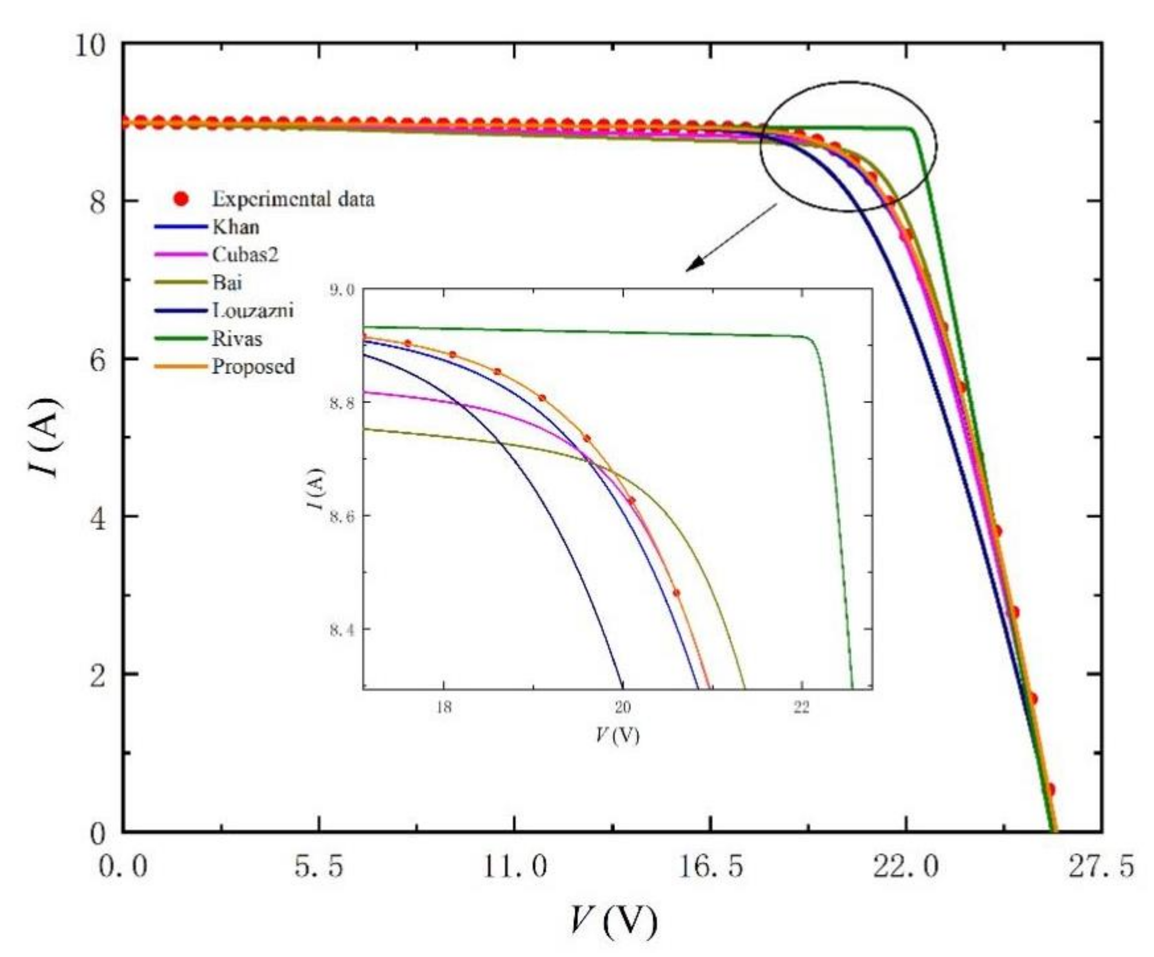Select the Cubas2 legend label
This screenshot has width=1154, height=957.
245,254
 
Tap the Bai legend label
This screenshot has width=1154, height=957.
227,282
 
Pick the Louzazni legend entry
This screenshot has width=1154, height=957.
253,311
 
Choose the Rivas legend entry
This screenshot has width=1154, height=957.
237,339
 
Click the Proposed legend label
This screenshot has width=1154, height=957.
253,367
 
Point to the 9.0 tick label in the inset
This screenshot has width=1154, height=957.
343,290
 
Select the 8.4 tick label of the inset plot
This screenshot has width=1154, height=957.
343,629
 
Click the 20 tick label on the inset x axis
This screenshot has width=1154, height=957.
622,707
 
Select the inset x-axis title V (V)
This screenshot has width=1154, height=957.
618,736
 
